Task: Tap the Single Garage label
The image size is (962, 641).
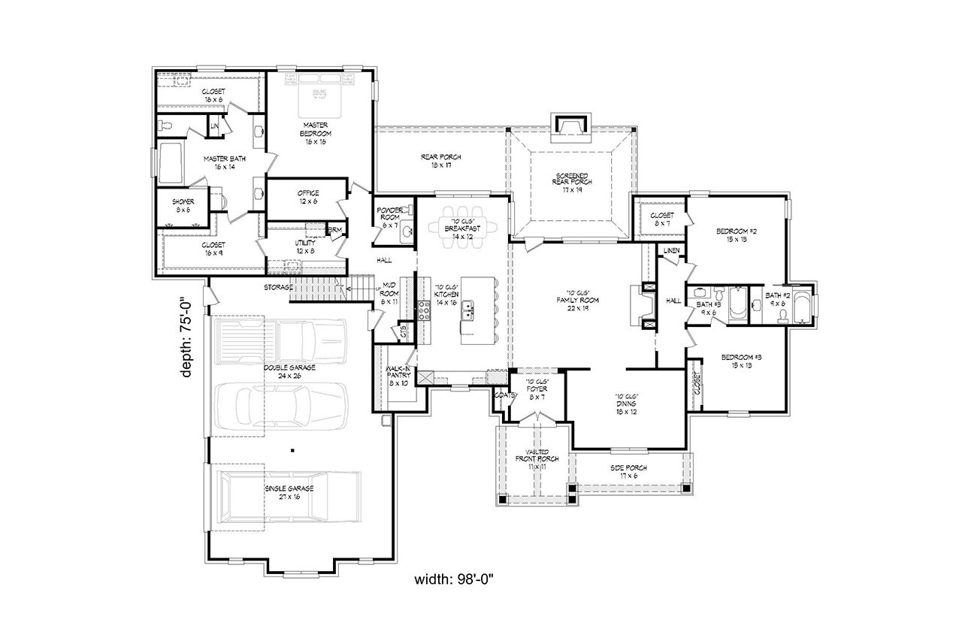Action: tap(289, 492)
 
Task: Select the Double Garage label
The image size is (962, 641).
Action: tap(289, 371)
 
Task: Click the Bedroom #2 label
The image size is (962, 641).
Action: tap(736, 235)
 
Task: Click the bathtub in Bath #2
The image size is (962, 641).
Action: tap(802, 306)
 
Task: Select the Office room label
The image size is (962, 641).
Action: tap(308, 197)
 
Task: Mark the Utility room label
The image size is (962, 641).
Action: tap(305, 247)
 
